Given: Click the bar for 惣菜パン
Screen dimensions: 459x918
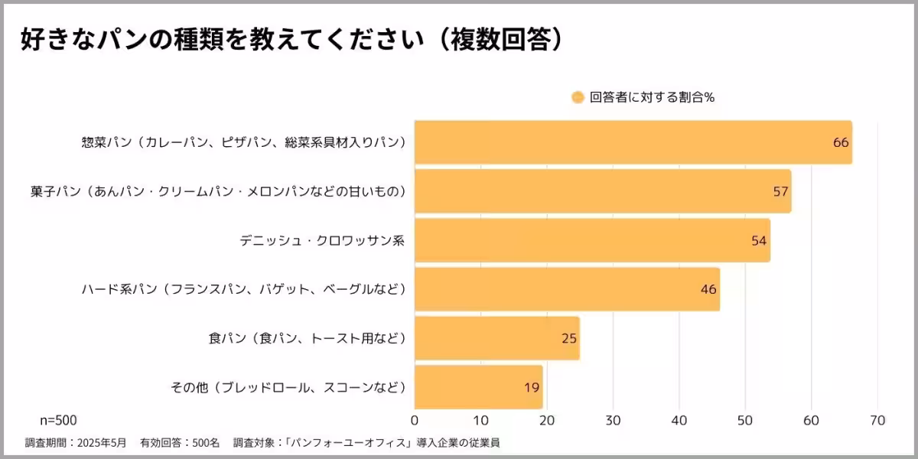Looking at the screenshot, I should pos(633,142).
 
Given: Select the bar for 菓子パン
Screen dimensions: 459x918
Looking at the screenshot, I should pos(603,191).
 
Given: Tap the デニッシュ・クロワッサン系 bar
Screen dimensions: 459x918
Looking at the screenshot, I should pos(592,240).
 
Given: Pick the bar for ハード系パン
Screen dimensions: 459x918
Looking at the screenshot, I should pos(567,289).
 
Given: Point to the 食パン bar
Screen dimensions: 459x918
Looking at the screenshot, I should pos(497,338).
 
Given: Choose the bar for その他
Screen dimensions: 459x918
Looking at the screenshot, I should pos(478,387).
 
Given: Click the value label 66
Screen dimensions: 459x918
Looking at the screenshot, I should pos(841,142).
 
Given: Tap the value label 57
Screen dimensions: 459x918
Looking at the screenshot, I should pos(780,191).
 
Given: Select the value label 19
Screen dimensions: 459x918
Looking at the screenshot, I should pos(532,387).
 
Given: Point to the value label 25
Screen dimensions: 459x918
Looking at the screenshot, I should pos(568,338).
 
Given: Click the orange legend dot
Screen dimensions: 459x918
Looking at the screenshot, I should pos(578,97).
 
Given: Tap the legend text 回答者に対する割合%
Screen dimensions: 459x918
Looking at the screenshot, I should pos(652,97).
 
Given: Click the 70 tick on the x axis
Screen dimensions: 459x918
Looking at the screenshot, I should pos(877,420).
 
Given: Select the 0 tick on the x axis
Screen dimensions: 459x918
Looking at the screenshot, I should pos(415,420).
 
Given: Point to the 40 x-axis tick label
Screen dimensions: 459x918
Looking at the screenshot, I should pos(679,420).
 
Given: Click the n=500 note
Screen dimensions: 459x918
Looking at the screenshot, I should pos(58,420).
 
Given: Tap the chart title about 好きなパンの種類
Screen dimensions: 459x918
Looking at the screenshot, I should pos(291,40).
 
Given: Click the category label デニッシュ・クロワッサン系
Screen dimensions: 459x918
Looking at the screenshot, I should pos(321,240).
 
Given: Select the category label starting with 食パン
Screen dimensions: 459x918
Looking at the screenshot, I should pos(307,338).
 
